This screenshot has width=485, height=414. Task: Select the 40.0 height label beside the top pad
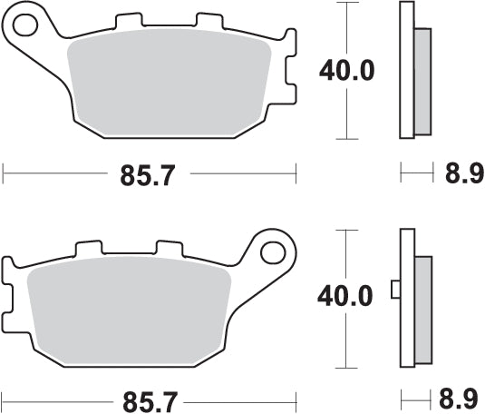click(x=345, y=71)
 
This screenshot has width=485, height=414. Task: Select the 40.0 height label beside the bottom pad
click(x=345, y=296)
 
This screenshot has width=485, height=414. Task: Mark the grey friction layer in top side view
click(x=422, y=80)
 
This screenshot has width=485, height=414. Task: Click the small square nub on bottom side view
click(x=394, y=290)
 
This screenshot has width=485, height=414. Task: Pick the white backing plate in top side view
click(x=406, y=71)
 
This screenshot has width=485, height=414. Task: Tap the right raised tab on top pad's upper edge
click(x=210, y=20)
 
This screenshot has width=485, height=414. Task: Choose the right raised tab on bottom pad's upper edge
click(x=170, y=247)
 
